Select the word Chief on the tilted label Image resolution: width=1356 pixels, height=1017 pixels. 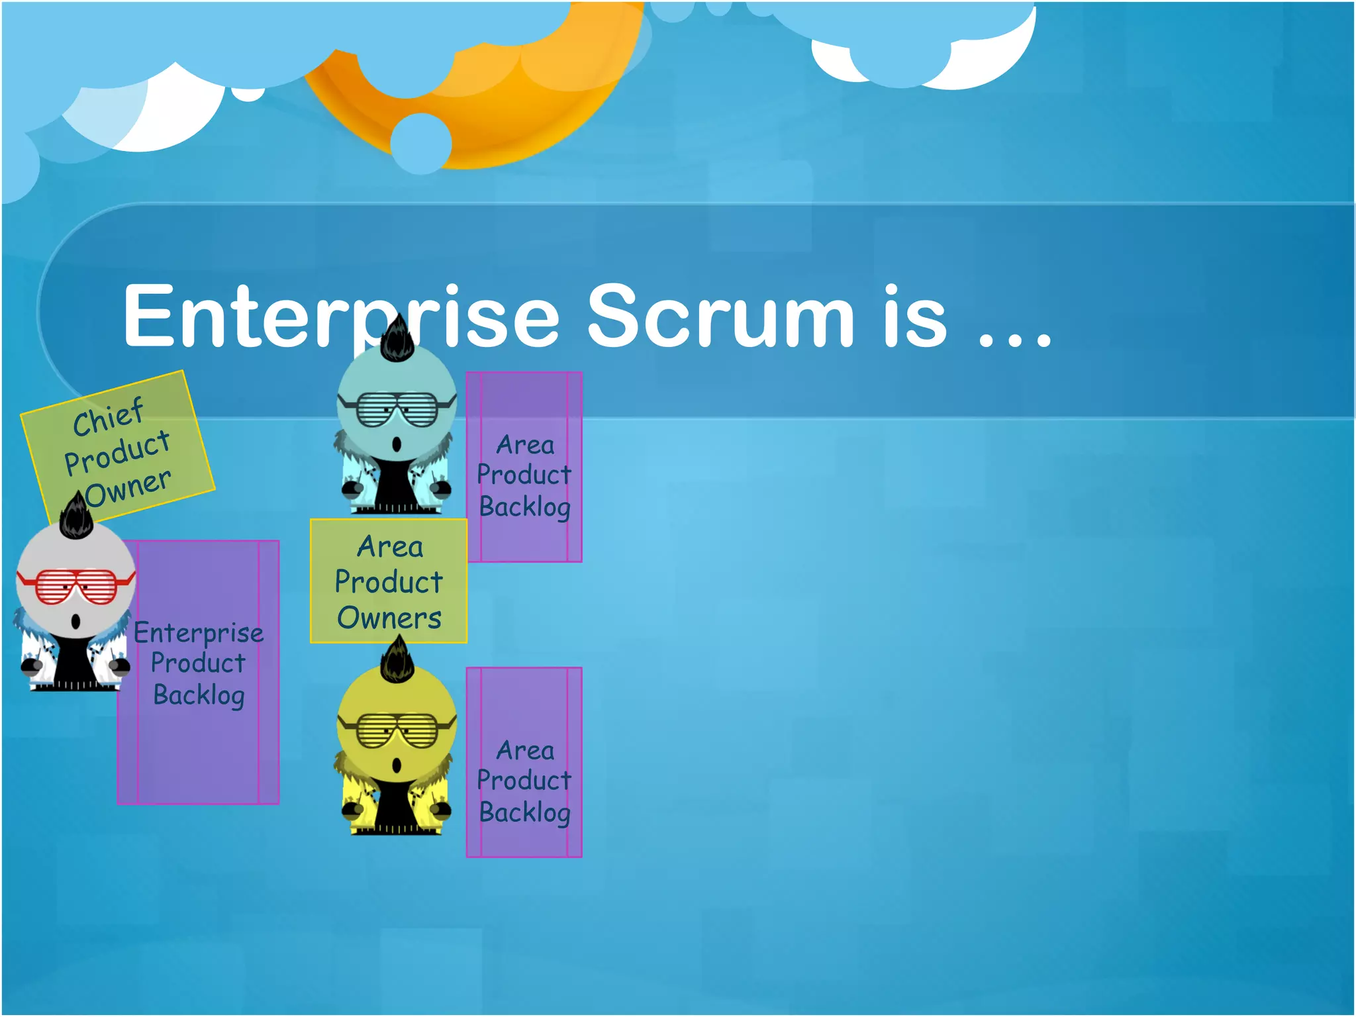point(108,416)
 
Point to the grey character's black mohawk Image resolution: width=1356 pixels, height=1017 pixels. point(75,517)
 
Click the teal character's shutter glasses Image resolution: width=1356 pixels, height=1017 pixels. point(397,409)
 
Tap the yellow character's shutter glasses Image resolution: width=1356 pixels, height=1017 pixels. point(397,730)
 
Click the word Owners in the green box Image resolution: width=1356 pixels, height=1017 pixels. point(389,618)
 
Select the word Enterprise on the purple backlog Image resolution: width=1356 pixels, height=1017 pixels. point(199,633)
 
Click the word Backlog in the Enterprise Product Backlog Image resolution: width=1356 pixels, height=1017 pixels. point(199,695)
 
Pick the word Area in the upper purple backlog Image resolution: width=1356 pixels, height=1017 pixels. point(525,445)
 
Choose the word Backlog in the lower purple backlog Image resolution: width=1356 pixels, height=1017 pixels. point(524,812)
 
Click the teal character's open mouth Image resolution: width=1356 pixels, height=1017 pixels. point(397,444)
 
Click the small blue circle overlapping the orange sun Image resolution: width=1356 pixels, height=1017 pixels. point(421,143)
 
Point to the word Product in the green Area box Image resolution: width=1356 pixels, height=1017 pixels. point(389,582)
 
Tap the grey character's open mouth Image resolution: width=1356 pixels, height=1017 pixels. point(75,622)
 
